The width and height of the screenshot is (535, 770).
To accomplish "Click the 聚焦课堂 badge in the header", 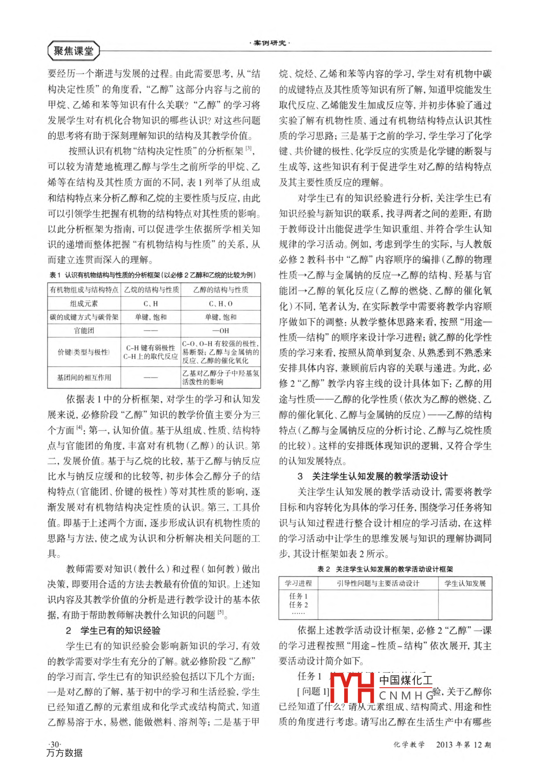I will (74, 51).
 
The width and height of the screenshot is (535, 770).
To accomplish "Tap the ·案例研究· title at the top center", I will (270, 43).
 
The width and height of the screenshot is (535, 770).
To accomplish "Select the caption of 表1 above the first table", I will (153, 275).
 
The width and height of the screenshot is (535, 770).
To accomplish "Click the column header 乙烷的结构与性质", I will (151, 290).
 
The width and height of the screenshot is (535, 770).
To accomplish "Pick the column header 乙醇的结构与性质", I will (220, 290).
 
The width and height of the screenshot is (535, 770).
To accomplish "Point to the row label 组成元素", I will (84, 304).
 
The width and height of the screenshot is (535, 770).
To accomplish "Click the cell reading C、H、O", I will (220, 304).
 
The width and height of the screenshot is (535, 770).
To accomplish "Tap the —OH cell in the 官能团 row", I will (220, 331).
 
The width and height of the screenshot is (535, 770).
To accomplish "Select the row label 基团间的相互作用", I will (84, 378).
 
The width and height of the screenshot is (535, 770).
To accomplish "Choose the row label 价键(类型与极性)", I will (84, 353).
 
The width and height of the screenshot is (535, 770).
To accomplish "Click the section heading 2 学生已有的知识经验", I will (114, 631).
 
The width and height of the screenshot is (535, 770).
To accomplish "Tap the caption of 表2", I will (385, 569).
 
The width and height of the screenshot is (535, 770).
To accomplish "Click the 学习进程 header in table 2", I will (298, 584).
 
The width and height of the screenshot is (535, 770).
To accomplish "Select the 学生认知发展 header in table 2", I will (465, 584).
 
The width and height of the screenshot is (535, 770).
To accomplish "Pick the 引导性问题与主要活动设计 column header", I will (378, 584).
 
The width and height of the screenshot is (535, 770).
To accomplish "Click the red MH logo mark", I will (352, 688).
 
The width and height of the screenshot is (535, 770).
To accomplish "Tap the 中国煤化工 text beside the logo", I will (406, 680).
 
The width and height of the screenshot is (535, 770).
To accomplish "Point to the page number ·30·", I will (54, 744).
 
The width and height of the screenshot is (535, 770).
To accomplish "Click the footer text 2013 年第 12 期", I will (463, 745).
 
